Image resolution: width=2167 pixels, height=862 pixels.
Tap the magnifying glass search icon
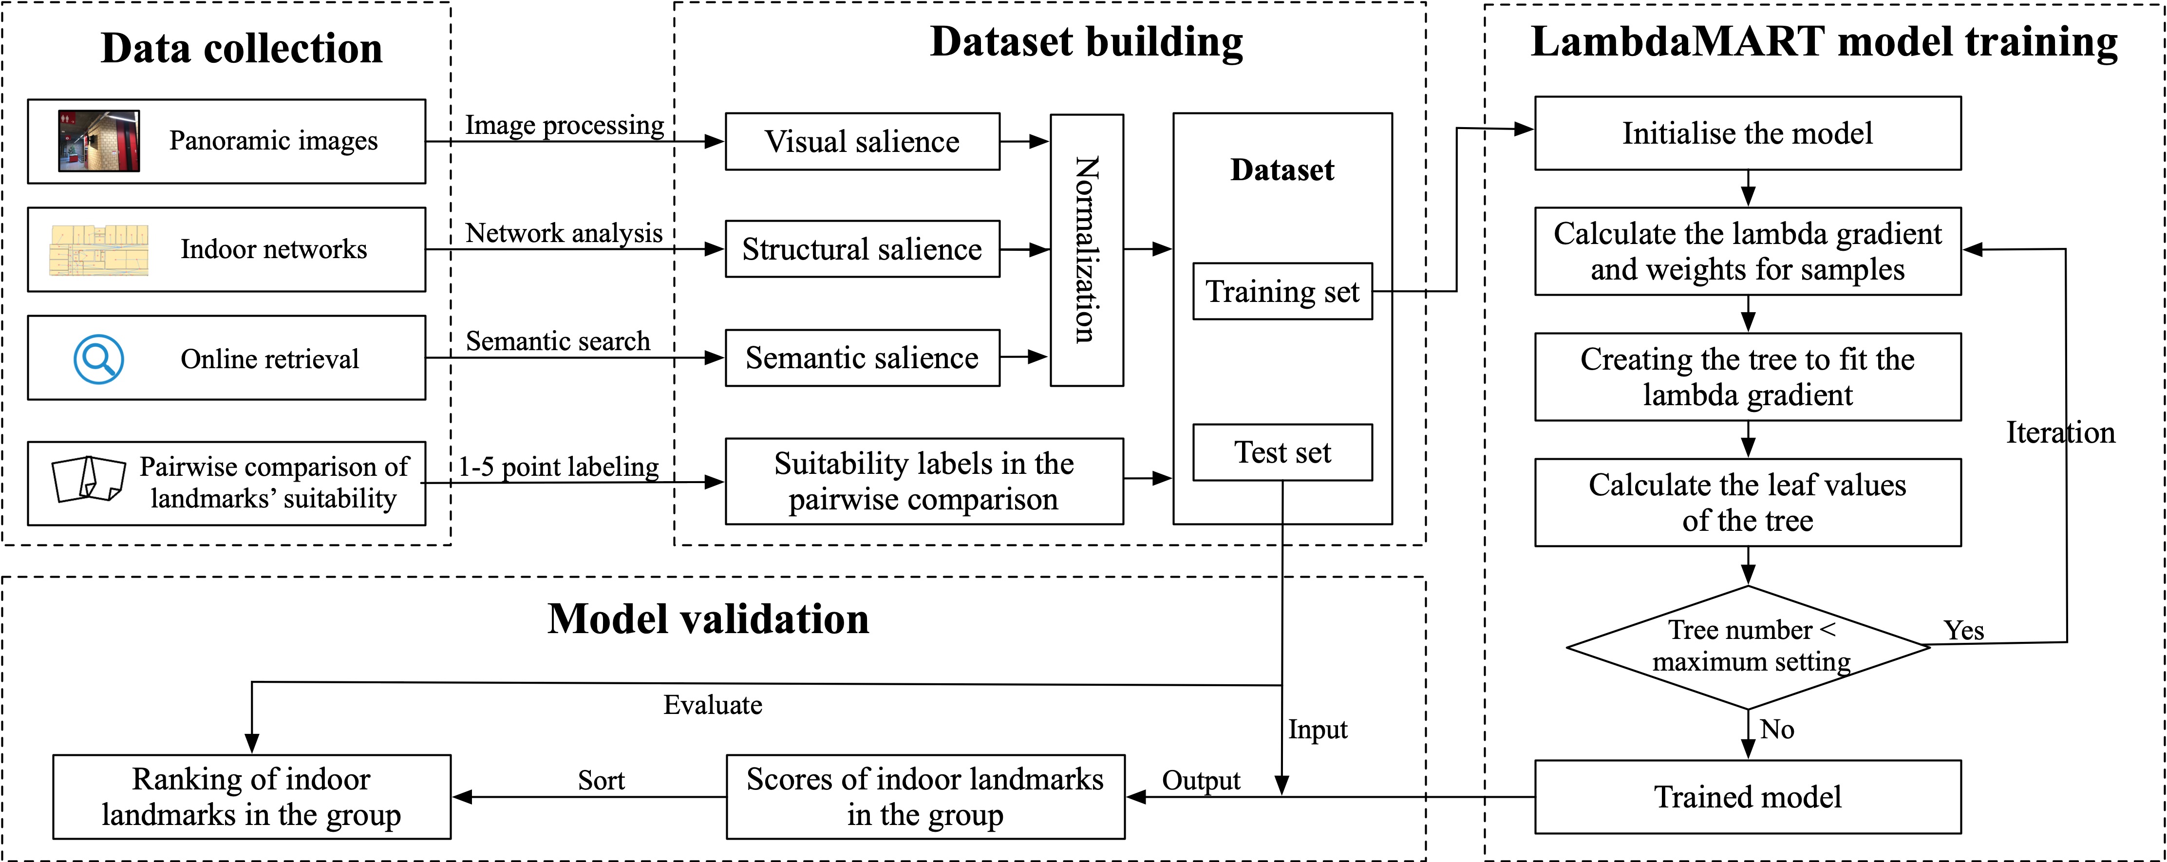click(98, 359)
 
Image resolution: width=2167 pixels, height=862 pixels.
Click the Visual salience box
click(862, 141)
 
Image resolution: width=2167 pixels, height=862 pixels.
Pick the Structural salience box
click(862, 249)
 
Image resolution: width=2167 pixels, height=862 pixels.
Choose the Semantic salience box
click(862, 357)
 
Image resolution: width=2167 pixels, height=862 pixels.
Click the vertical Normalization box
click(1086, 250)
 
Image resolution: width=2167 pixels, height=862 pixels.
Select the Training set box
click(1282, 291)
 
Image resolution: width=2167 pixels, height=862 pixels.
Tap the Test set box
click(1282, 452)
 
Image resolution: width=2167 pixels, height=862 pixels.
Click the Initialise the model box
click(1747, 133)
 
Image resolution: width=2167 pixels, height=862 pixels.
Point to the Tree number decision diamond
click(1747, 646)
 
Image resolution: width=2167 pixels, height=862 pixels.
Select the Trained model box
click(1747, 796)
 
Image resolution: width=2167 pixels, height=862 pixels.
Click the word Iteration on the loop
click(2059, 432)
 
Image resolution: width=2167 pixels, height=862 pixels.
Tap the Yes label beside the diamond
click(1963, 630)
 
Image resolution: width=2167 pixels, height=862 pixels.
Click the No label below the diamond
click(1777, 729)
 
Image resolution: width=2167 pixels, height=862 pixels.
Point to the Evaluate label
click(713, 705)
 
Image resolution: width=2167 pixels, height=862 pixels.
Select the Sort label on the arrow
click(601, 780)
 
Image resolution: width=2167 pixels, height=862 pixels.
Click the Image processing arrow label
click(565, 125)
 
